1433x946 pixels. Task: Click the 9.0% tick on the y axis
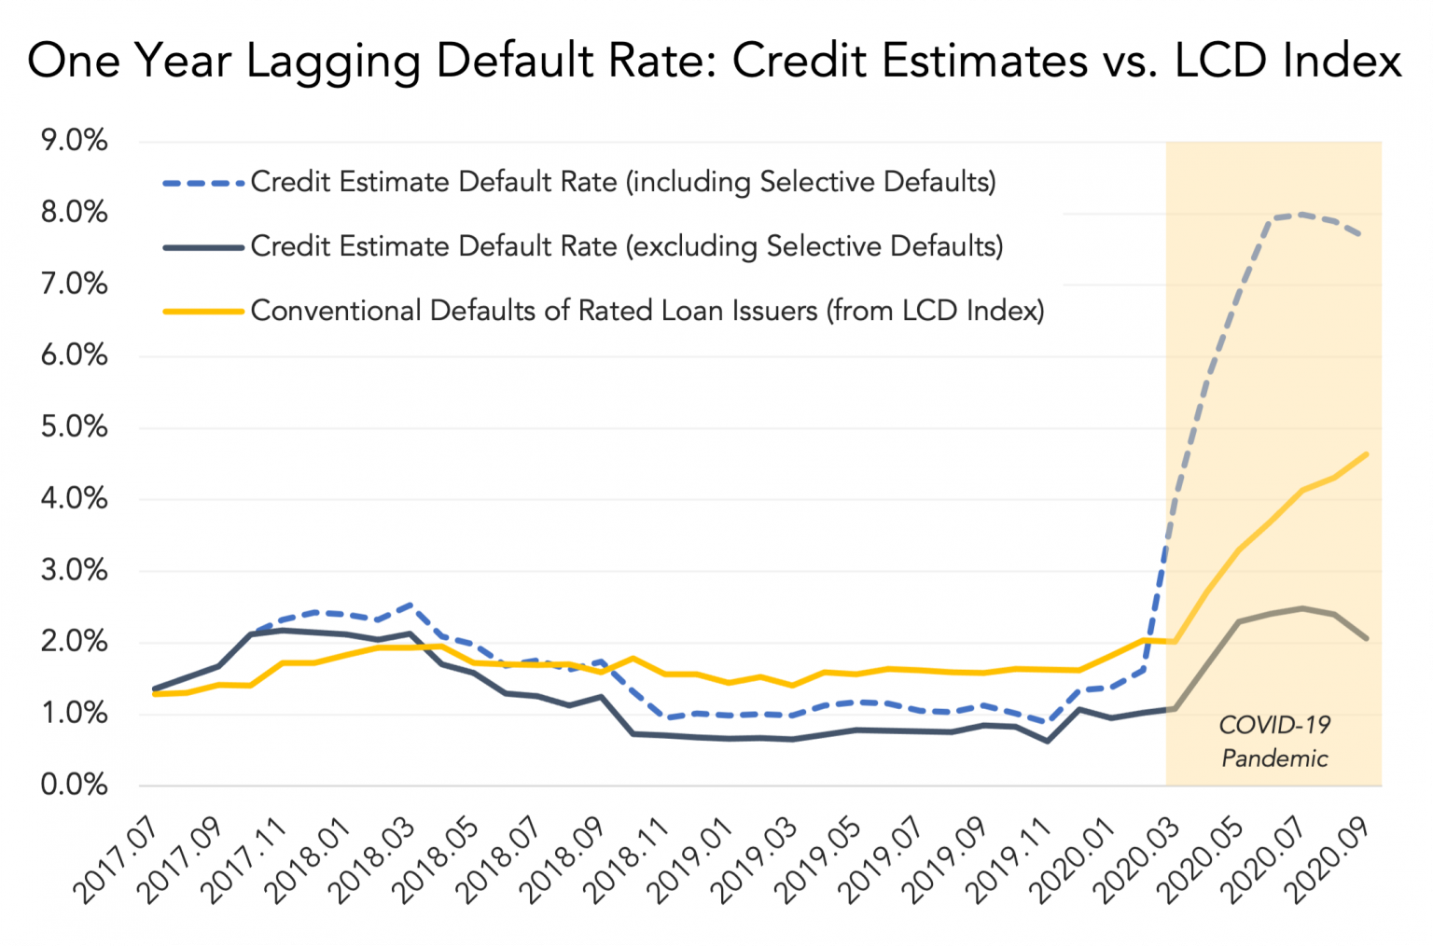tap(75, 141)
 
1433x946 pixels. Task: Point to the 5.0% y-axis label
tap(75, 427)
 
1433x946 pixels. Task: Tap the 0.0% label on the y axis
tap(75, 785)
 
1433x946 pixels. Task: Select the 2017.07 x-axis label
tap(118, 860)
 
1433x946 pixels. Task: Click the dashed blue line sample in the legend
tap(204, 183)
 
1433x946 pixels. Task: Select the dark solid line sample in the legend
tap(204, 247)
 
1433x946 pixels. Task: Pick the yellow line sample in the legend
tap(204, 311)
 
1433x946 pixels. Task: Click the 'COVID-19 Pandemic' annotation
tap(1274, 742)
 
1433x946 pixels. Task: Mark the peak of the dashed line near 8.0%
tap(1301, 215)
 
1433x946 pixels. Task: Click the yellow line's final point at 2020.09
tap(1367, 454)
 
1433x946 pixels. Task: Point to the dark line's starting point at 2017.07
tap(155, 689)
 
